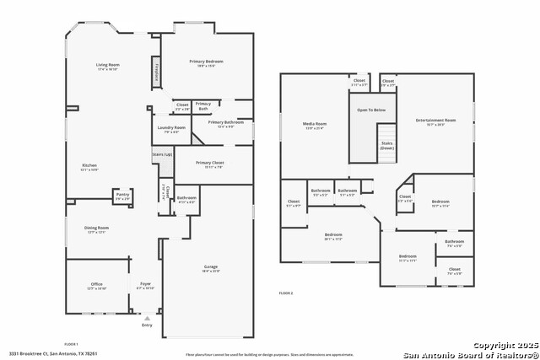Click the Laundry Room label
click(x=170, y=128)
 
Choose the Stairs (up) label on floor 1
click(x=162, y=155)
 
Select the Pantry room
click(x=122, y=196)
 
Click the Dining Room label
click(x=96, y=228)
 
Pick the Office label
click(x=96, y=286)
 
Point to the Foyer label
click(x=145, y=286)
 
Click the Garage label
click(x=210, y=269)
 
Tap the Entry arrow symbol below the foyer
click(x=148, y=319)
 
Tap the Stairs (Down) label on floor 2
click(x=386, y=145)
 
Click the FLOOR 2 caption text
click(x=286, y=293)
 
